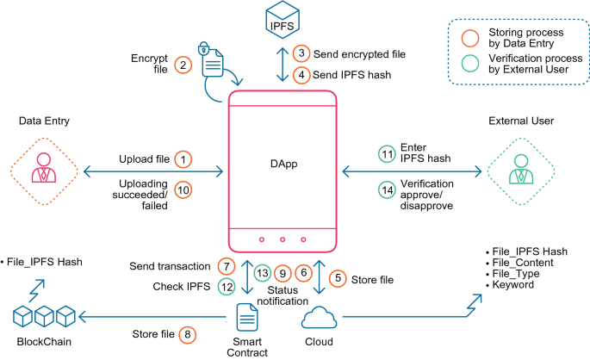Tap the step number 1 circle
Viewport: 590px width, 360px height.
point(183,159)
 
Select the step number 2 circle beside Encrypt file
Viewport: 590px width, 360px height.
point(182,65)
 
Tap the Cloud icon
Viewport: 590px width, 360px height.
point(317,320)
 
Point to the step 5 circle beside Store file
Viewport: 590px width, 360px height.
point(338,278)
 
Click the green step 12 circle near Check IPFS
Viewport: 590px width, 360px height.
point(227,287)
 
